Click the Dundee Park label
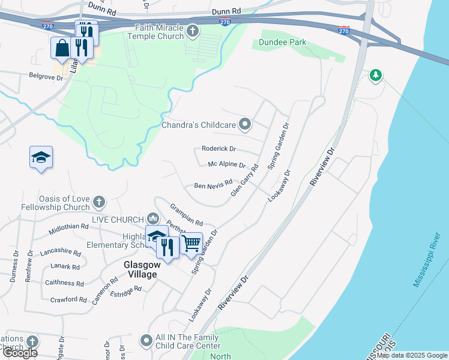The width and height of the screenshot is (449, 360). click(x=283, y=43)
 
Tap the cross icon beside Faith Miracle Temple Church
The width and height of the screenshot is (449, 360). click(x=193, y=31)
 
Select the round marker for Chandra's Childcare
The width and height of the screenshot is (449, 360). click(x=244, y=125)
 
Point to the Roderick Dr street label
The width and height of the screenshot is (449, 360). click(x=218, y=149)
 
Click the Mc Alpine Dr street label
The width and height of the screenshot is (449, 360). click(x=226, y=164)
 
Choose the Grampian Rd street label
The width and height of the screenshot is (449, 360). click(x=186, y=212)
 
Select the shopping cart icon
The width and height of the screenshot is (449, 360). click(x=191, y=243)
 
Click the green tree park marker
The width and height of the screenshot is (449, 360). click(x=376, y=75)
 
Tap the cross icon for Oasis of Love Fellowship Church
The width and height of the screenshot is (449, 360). click(x=99, y=202)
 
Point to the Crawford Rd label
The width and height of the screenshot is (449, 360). click(x=68, y=299)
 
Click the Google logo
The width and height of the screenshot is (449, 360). click(x=19, y=353)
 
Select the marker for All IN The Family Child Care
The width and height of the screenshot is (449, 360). click(x=146, y=341)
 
